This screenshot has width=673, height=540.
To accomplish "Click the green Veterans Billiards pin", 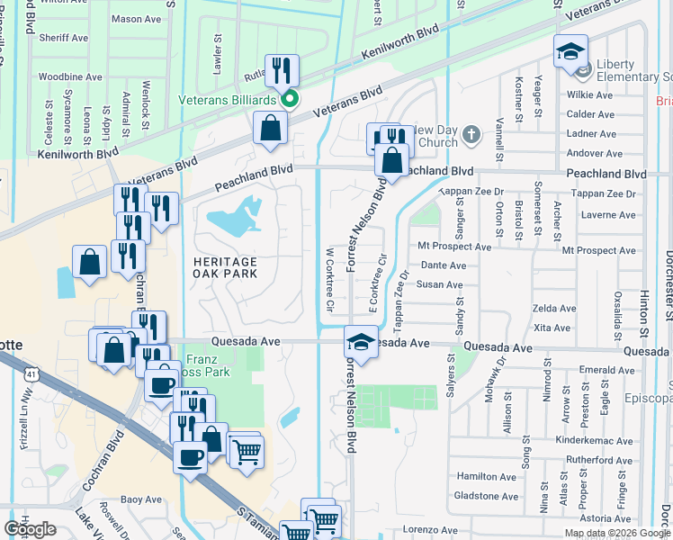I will pos(290,99).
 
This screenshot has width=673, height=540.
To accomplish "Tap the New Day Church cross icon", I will pos(471,136).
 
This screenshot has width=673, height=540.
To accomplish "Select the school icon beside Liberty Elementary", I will pos(570,52).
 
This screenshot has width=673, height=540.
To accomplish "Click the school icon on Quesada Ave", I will pos(360,344).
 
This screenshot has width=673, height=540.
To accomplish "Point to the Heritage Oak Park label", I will pos(225,267).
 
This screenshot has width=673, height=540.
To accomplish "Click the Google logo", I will pos(30,528).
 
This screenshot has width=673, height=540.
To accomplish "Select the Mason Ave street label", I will pos(135,19).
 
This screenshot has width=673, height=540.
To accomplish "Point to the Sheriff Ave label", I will pos(63,38).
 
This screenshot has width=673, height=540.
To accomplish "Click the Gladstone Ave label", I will pos(486,496).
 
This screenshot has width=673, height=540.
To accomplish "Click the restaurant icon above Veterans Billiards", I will pos(282,70).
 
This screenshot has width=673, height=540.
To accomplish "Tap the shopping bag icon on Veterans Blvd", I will pos(270,129).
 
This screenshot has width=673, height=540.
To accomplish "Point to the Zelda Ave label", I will pos(554,308).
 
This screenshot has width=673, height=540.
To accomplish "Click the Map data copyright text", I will pos(616,533).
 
